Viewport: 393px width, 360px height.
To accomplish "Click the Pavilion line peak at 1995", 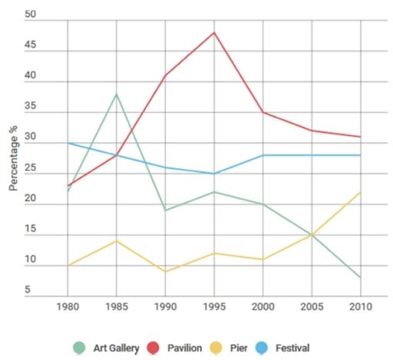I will point(213,32).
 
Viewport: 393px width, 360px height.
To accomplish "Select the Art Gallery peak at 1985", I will point(116,94).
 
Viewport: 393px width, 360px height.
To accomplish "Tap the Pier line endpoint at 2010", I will point(360,192).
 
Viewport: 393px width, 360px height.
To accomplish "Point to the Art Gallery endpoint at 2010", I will point(360,278).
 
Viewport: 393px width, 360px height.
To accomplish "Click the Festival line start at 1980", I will point(68,143).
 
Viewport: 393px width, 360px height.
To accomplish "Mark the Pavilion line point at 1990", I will point(165,75).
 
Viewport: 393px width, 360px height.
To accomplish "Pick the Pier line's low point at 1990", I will point(165,272).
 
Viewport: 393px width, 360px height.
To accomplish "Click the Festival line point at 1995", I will point(213,173).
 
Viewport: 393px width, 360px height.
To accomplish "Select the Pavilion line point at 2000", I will point(263,112).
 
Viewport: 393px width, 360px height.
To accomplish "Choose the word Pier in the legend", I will point(239,347).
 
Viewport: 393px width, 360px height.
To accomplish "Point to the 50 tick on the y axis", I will point(30,15).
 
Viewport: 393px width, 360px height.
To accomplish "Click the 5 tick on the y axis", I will point(28,290).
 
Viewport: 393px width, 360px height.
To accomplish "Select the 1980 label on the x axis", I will point(68,306).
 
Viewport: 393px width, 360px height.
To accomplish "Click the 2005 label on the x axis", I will point(311,306).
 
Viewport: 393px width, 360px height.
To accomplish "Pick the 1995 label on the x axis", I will point(213,306).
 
